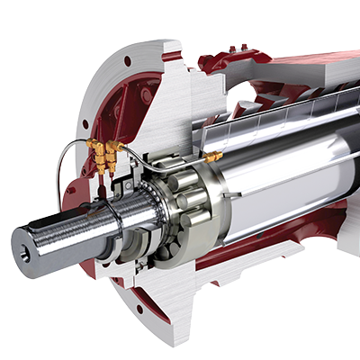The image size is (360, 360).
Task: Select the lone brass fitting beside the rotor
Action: point(213,157)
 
